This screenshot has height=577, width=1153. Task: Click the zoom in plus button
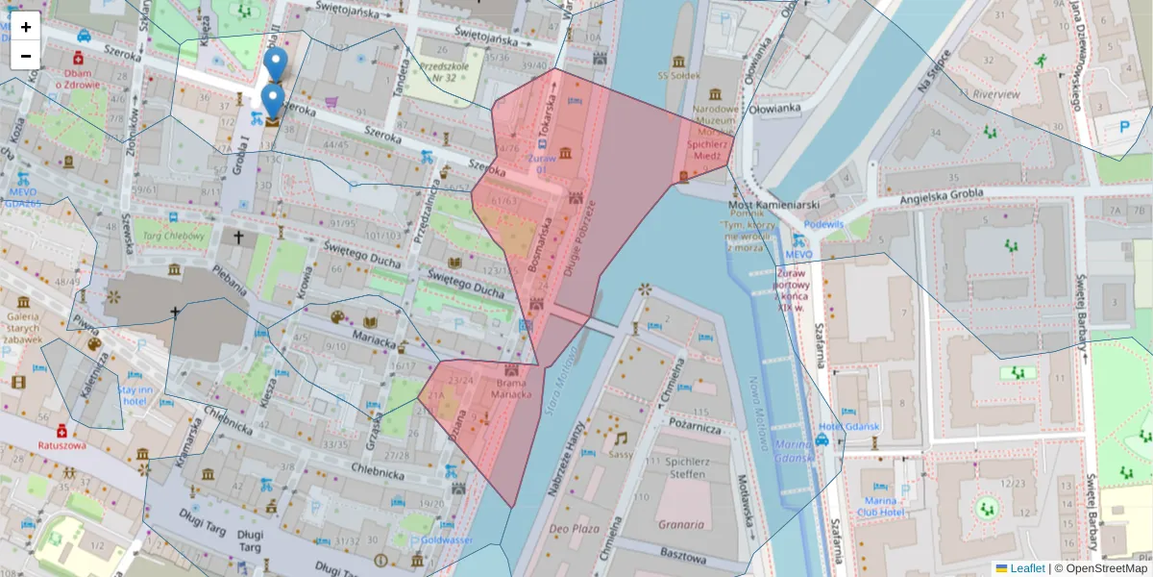click(26, 27)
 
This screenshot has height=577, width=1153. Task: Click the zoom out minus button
click(26, 56)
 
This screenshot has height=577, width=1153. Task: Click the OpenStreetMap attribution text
click(1107, 568)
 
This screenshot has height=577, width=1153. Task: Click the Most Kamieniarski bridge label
click(773, 206)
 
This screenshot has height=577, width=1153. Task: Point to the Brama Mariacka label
click(512, 389)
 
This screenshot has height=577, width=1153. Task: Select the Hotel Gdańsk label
click(850, 427)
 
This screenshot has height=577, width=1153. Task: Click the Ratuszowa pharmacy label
click(62, 445)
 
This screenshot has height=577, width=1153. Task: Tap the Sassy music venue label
click(621, 454)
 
